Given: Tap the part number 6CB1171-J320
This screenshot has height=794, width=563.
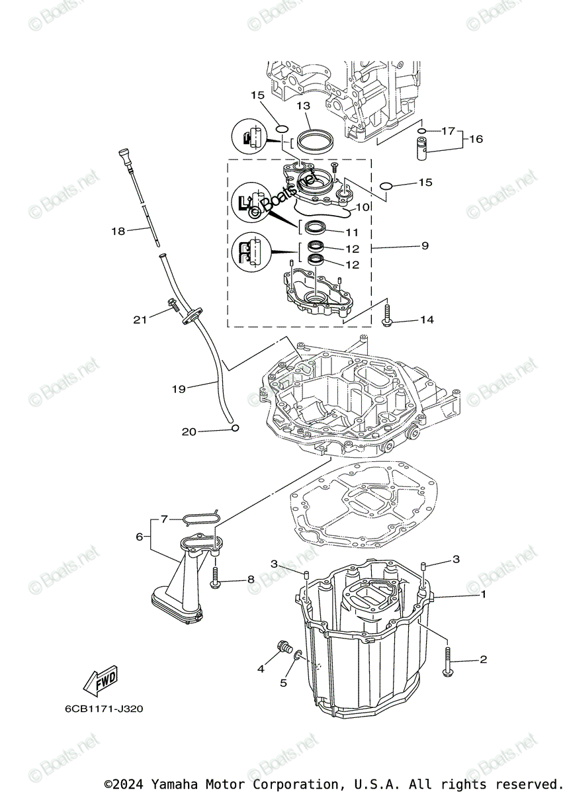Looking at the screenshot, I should tap(103, 708).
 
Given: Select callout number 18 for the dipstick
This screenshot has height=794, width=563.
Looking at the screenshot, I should tap(118, 231).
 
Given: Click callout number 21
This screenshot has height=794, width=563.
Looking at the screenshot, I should tap(139, 320).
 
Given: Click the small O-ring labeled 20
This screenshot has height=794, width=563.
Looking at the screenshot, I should tap(234, 429).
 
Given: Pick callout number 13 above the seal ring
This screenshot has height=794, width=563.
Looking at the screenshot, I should tap(303, 106).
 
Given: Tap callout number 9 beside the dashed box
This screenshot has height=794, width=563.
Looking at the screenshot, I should tap(424, 245).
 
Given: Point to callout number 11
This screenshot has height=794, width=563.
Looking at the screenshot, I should tap(351, 232).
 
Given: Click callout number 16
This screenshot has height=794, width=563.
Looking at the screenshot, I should tap(476, 139).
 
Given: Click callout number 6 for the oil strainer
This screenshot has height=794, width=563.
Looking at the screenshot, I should tap(140, 537).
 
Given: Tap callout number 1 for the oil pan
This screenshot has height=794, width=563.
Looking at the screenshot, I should tap(483, 595).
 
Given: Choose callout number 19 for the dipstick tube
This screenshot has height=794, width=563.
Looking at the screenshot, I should tap(179, 389).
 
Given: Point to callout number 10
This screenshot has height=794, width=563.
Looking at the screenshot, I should tap(362, 207).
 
